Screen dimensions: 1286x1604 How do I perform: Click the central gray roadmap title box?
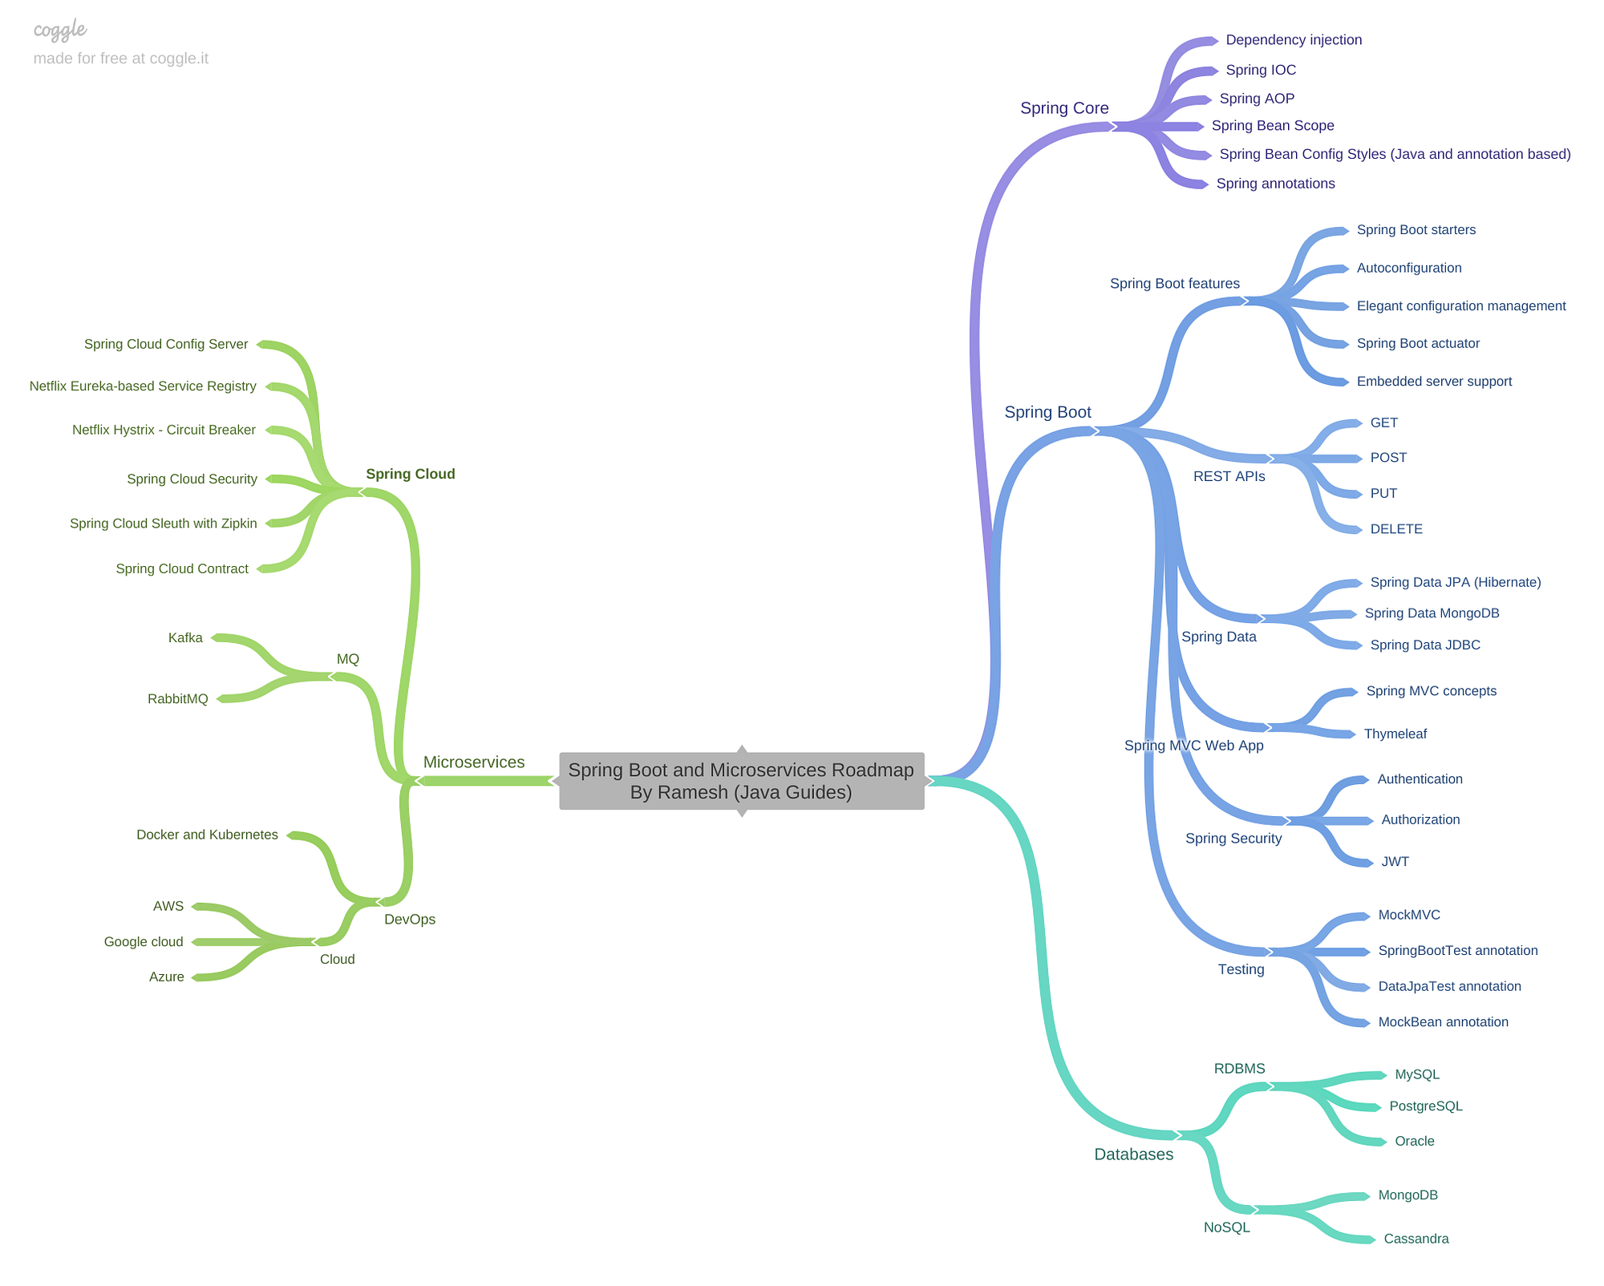(x=741, y=781)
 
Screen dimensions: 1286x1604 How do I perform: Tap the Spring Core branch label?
(x=1064, y=108)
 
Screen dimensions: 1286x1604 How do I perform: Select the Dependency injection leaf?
(x=1294, y=40)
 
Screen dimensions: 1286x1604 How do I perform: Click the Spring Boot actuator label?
(x=1418, y=343)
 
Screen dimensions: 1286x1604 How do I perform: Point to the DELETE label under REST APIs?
(x=1396, y=529)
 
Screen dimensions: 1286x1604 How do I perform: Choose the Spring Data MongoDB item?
(x=1432, y=613)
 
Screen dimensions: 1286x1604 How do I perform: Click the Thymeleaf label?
(x=1395, y=734)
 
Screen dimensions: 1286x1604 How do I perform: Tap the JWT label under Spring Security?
(x=1395, y=862)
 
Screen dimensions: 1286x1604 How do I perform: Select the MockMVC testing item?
(x=1409, y=915)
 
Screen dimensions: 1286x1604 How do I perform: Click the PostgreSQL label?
(x=1426, y=1106)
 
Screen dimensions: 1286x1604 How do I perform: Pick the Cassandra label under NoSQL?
(x=1416, y=1239)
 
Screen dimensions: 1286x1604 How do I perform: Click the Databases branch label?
(x=1133, y=1155)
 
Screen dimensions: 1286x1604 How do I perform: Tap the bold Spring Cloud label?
(x=411, y=474)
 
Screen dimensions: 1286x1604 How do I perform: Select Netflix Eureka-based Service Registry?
(x=143, y=386)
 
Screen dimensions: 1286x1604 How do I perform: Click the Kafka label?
(x=185, y=638)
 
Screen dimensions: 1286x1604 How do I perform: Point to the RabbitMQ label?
(x=177, y=699)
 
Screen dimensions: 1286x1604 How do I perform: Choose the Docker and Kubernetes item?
(x=207, y=835)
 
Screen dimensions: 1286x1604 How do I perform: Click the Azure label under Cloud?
(x=167, y=977)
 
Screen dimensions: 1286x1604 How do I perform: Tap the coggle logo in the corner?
(x=60, y=30)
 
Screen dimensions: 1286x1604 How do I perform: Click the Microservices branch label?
(x=474, y=762)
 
